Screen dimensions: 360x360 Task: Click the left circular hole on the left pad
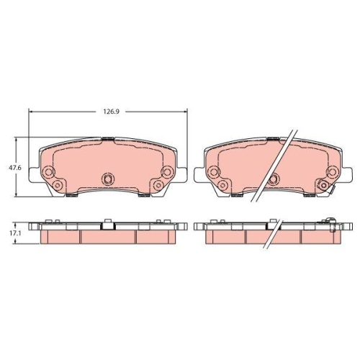click(49, 172)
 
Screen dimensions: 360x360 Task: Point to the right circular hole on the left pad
click(167, 172)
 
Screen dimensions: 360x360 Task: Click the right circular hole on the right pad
click(333, 172)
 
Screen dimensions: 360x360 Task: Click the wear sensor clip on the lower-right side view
click(332, 222)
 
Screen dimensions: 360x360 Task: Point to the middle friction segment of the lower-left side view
click(108, 237)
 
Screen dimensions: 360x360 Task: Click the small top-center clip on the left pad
click(108, 138)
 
